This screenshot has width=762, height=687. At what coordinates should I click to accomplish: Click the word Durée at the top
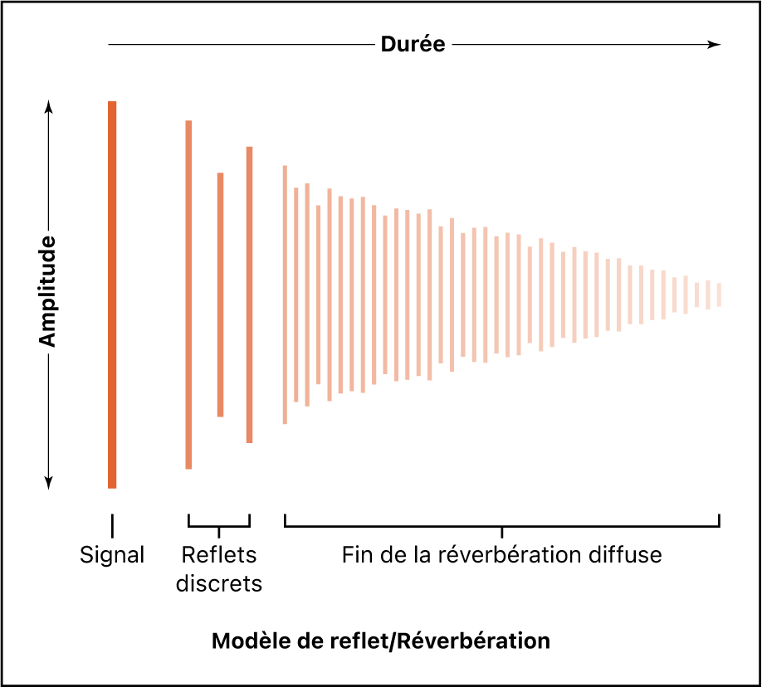413,45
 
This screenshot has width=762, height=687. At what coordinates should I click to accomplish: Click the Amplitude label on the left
47,291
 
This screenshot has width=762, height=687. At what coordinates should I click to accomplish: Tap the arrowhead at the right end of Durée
715,45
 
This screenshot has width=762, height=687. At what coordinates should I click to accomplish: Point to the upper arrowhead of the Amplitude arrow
48,107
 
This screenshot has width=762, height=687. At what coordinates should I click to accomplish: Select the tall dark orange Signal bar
112,295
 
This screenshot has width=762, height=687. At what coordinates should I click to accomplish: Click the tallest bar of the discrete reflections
188,295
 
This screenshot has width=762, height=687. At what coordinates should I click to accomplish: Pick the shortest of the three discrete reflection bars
220,295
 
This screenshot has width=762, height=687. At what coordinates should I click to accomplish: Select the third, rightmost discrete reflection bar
249,295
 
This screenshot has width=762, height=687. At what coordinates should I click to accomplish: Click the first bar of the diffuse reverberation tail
285,295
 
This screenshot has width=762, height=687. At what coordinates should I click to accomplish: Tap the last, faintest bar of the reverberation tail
719,295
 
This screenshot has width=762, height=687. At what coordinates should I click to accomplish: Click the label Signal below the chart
112,555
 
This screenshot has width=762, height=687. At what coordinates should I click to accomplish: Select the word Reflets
219,555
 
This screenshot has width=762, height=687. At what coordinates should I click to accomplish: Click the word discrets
219,584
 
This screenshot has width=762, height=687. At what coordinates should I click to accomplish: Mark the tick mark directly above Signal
112,524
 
